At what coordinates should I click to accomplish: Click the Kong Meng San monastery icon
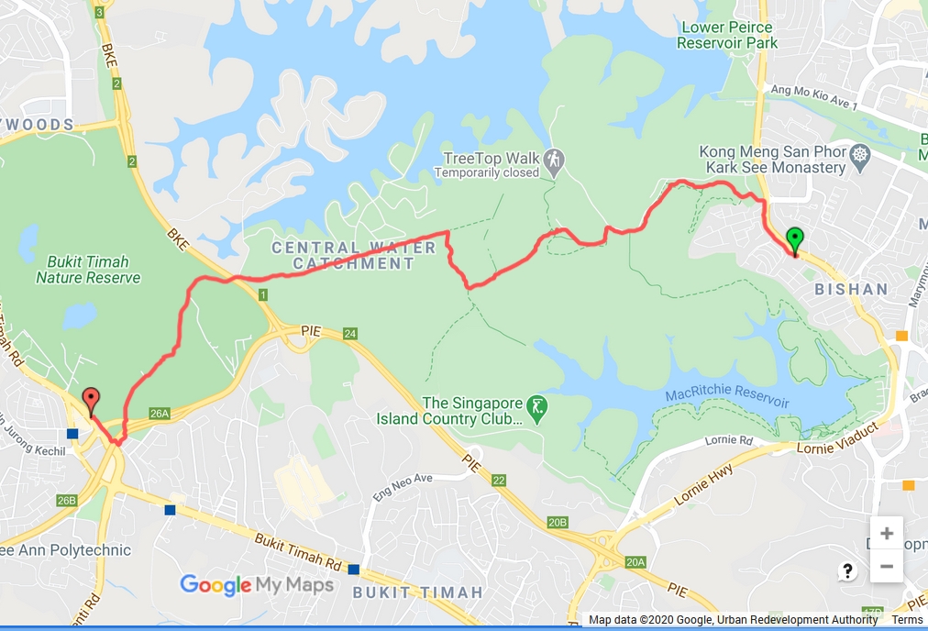pos(859,153)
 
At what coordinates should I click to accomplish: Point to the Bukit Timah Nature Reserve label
pos(88,270)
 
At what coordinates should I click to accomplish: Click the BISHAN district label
pos(852,290)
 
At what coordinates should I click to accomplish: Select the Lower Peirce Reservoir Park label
pos(729,35)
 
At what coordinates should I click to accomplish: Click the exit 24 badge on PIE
pos(350,334)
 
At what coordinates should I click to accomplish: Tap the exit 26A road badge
pos(160,414)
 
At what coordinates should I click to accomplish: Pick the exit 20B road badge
pos(558,522)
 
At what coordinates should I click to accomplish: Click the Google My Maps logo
pos(257,584)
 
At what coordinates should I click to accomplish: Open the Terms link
pos(907,621)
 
